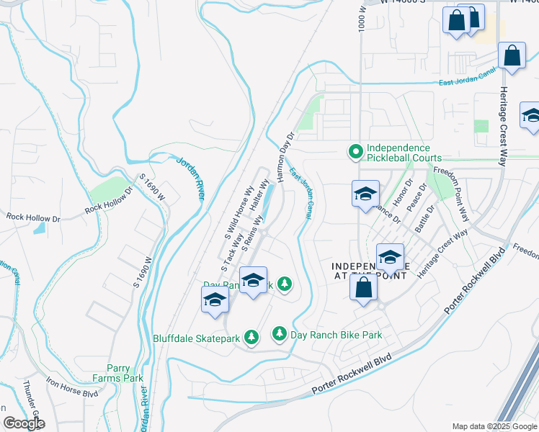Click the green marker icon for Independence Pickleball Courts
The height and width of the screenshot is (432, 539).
coord(355,152)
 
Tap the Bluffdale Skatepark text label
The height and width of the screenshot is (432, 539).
coord(196,337)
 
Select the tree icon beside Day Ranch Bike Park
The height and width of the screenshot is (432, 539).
coord(280,334)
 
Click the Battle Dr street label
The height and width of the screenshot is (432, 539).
coord(425,219)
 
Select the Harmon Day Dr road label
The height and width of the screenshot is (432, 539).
coord(281,156)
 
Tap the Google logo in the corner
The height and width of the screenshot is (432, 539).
coord(24,423)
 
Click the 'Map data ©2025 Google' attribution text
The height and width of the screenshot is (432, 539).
coord(494,426)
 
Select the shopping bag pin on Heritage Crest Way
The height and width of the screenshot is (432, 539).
coord(512,56)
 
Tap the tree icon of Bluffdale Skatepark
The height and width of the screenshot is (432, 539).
coord(251,337)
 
